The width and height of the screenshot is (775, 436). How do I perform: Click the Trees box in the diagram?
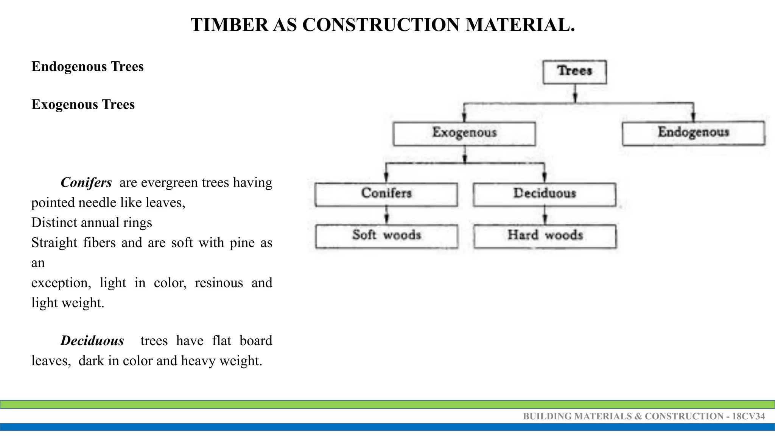[574, 72]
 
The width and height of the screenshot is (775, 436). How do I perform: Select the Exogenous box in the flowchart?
[464, 133]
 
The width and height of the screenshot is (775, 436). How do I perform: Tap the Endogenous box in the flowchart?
[693, 133]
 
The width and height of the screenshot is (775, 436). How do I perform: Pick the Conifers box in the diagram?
[386, 194]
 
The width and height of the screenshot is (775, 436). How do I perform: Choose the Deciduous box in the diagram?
[544, 194]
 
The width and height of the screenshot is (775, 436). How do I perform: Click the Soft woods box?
[386, 236]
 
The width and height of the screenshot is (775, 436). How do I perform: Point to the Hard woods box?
[545, 236]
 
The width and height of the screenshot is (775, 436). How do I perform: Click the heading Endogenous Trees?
[87, 67]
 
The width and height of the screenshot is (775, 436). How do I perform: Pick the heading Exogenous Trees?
[83, 104]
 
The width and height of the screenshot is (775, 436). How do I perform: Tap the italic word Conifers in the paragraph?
[86, 182]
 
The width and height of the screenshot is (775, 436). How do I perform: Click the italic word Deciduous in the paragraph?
[92, 341]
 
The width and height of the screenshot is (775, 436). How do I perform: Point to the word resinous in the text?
[219, 283]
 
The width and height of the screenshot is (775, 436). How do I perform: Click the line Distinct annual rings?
[92, 223]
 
